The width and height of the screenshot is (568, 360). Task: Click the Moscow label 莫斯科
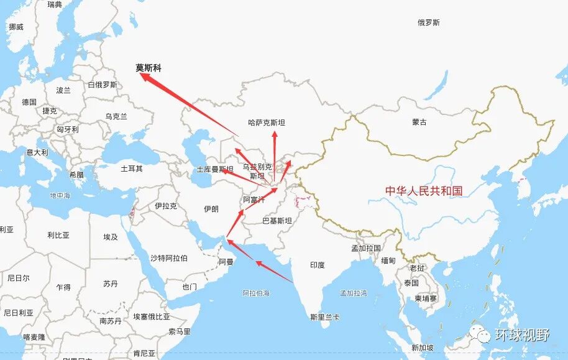(x=149, y=68)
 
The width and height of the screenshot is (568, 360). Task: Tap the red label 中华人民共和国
(x=424, y=191)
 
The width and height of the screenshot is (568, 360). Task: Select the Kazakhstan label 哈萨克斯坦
(x=267, y=123)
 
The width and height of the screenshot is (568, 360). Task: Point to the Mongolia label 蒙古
(x=419, y=122)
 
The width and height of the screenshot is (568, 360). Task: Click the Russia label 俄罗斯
(x=429, y=22)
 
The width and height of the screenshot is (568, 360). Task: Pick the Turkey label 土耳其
(x=131, y=168)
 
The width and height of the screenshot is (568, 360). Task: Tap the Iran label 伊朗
(x=211, y=209)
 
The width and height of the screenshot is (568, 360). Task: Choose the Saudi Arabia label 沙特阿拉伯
(x=169, y=258)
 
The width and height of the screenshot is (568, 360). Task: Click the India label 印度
(x=317, y=265)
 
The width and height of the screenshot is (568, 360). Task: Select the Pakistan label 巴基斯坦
(x=277, y=220)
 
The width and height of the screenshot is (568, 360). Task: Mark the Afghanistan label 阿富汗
(x=254, y=200)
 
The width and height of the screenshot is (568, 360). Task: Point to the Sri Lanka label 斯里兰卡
(x=326, y=316)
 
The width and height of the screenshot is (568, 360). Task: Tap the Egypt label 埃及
(x=111, y=237)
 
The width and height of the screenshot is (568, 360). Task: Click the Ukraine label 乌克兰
(x=116, y=116)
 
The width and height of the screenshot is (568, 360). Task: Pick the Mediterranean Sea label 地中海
(x=60, y=195)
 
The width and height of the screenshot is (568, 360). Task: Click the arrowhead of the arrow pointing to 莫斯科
(x=142, y=75)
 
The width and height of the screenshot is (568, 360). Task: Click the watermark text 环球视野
(x=522, y=335)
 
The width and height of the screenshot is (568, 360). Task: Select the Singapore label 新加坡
(x=423, y=348)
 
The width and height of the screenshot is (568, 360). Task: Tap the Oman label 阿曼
(x=226, y=262)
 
